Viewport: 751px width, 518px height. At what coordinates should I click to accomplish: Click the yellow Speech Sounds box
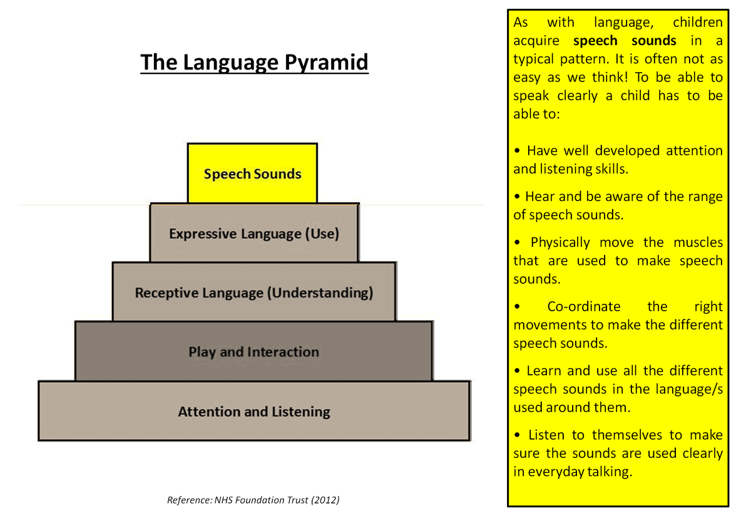click(252, 174)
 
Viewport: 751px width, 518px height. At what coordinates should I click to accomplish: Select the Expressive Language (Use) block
click(253, 234)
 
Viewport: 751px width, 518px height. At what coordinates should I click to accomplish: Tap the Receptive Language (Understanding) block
click(253, 293)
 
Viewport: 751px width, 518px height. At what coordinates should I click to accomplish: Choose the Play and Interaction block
click(253, 351)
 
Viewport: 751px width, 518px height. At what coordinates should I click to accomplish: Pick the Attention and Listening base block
click(253, 412)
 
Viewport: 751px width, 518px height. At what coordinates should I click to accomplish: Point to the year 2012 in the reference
click(325, 500)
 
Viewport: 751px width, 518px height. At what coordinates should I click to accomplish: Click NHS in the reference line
click(223, 500)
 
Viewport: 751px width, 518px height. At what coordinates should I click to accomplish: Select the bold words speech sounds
click(625, 41)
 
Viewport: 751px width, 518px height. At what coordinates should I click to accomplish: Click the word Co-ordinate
click(583, 307)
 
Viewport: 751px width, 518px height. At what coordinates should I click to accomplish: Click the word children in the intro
click(697, 23)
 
